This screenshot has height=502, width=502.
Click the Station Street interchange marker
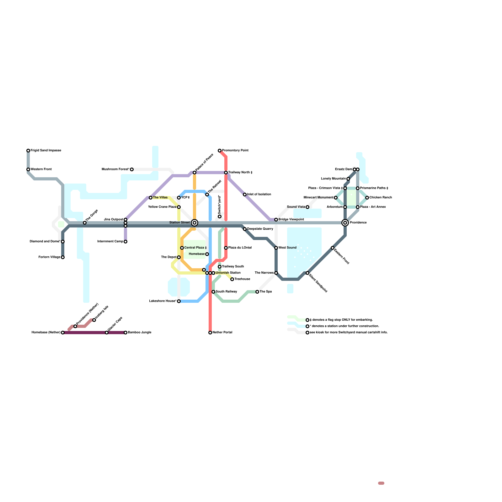[x=195, y=223]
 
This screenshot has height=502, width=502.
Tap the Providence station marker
[x=345, y=223]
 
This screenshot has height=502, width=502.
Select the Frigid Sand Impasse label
[x=46, y=151]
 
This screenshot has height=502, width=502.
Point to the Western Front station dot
[x=28, y=169]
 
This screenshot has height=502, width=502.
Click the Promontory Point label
[x=235, y=151]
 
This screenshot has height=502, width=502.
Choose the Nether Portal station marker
[x=210, y=333]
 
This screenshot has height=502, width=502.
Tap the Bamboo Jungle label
[x=140, y=333]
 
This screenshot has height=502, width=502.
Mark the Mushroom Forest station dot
[x=132, y=169]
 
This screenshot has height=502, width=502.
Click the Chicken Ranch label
[x=381, y=198]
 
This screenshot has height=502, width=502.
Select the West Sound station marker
[x=276, y=248]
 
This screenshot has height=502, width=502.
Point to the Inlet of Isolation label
[x=259, y=195]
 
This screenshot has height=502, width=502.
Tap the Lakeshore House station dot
[x=179, y=301]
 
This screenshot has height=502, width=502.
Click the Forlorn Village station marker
[x=63, y=257]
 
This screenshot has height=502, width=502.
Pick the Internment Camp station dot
[x=125, y=242]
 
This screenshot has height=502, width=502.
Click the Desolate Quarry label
[x=260, y=229]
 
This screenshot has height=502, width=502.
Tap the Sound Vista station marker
[x=307, y=207]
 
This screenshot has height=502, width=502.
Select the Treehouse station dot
[x=232, y=279]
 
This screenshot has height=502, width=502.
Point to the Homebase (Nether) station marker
[x=63, y=333]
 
